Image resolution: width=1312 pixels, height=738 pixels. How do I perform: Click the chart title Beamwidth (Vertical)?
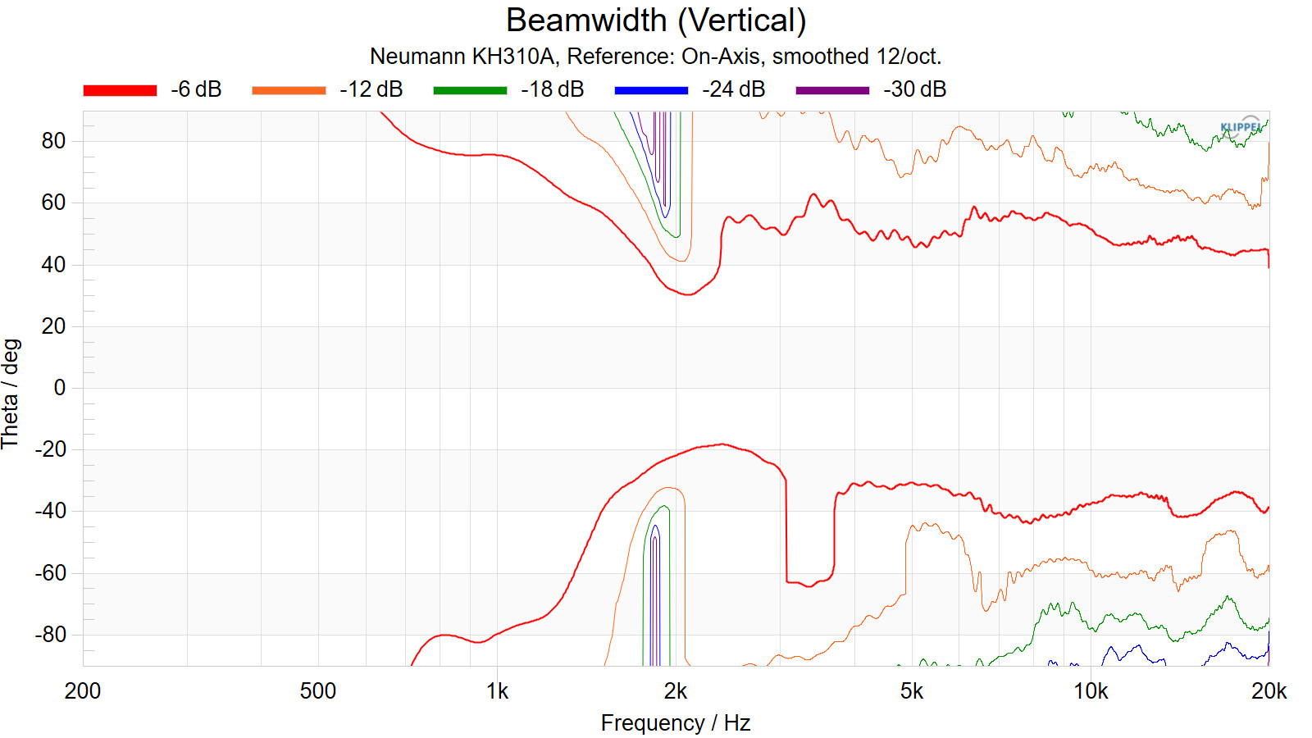(656, 20)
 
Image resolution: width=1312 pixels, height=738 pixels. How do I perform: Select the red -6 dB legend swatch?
(120, 90)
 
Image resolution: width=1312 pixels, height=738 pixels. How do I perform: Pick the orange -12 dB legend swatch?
(289, 90)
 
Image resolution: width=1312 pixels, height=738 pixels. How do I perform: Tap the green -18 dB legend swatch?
(470, 90)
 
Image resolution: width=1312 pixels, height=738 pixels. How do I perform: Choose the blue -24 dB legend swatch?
(651, 90)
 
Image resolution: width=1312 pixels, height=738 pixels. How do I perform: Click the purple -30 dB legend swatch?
(832, 90)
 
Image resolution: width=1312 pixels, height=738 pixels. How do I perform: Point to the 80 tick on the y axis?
(53, 141)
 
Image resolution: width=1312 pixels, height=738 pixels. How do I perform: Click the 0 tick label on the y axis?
(60, 388)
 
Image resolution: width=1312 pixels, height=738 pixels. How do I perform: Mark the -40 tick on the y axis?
(50, 511)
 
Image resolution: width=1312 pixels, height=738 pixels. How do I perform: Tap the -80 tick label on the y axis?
(50, 635)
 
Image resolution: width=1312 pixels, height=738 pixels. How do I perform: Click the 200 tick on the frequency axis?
(83, 691)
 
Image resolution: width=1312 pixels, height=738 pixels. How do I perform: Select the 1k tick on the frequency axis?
(497, 691)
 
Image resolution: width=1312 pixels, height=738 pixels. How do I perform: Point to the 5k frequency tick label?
(911, 691)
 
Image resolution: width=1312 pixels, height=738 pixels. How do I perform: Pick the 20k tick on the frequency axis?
(1269, 691)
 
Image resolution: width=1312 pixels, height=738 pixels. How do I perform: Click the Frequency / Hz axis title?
(676, 723)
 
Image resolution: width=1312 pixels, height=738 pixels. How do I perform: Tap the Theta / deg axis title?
(11, 394)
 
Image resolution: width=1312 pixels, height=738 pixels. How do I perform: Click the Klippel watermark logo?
(1241, 126)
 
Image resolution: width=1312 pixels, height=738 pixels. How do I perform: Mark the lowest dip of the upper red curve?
(688, 294)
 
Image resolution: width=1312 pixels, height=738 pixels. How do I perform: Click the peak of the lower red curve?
(722, 444)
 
